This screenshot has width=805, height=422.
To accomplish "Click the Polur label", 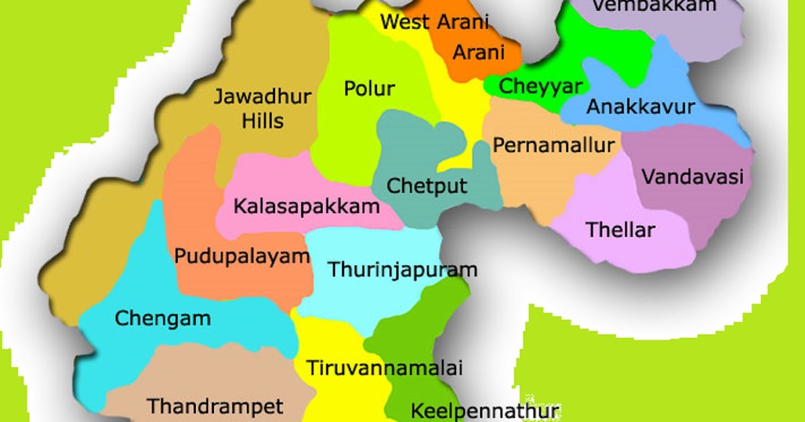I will tap(369, 88).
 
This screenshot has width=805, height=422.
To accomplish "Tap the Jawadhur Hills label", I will tap(263, 109).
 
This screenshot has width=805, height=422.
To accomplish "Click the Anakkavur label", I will tap(641, 107).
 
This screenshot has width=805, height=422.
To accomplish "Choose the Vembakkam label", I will tap(655, 7).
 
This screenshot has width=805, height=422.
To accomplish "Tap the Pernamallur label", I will tap(554, 145).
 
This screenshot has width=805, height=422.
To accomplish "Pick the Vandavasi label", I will tap(693, 178).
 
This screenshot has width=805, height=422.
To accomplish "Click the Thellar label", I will tap(621, 230).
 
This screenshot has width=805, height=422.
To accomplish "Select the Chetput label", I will tap(427, 185).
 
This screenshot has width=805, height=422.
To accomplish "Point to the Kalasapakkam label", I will tap(307, 206).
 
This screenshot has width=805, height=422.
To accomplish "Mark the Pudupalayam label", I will tap(242, 256).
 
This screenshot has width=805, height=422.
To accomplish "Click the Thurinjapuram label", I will tap(402, 270).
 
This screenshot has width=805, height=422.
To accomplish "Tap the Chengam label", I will tap(163, 318).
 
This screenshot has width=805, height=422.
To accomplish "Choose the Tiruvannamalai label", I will tap(385, 368).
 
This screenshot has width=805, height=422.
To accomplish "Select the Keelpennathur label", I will tap(484, 410).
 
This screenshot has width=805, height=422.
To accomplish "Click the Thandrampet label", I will tap(215, 406).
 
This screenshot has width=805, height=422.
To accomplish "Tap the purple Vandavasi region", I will tap(698, 208).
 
